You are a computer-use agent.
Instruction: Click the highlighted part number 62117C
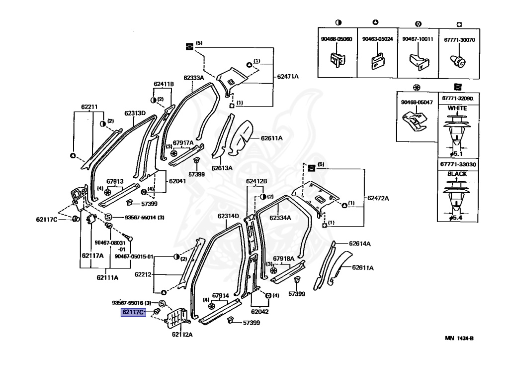133,313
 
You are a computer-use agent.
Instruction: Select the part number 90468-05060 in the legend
337,39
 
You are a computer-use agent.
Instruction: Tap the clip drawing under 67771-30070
459,61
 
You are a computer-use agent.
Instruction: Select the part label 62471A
288,76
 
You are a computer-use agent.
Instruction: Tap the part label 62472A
379,198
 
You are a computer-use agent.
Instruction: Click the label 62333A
194,78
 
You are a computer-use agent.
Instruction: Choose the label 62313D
135,113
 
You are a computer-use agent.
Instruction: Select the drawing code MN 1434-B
459,339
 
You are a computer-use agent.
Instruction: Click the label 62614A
360,244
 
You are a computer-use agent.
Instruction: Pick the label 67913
115,182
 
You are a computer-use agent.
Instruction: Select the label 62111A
107,277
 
